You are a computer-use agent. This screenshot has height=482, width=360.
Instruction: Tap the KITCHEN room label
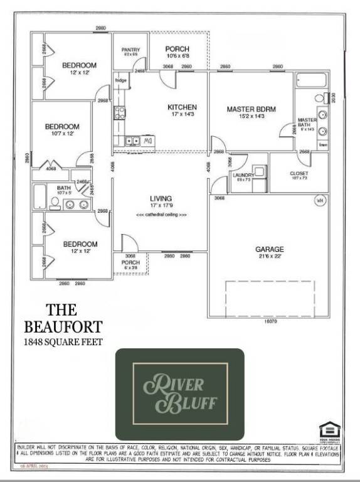click(x=183, y=107)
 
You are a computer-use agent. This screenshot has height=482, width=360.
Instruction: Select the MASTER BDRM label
click(x=251, y=109)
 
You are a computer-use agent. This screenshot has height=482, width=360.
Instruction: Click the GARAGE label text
click(x=269, y=249)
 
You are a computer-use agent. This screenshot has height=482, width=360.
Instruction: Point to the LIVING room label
click(x=161, y=198)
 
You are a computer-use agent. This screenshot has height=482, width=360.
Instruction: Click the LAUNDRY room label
click(x=243, y=175)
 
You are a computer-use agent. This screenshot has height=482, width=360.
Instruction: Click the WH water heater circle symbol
click(x=319, y=201)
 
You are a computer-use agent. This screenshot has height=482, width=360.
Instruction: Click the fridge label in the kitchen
click(x=121, y=80)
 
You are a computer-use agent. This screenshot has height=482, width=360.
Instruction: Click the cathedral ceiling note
click(x=161, y=215)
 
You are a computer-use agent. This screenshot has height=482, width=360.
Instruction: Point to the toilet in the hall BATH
click(x=55, y=202)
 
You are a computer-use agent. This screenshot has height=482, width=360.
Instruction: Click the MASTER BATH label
click(x=307, y=123)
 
